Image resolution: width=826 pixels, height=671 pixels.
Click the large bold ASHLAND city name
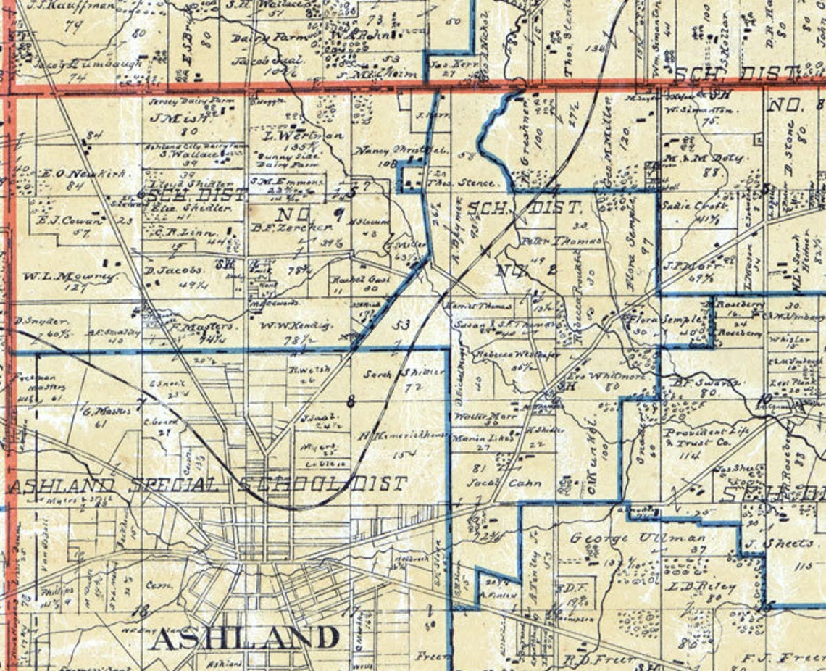tap(245, 638)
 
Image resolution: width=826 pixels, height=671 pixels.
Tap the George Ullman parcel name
tap(637, 538)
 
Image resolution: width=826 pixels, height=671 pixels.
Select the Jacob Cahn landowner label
tap(496, 483)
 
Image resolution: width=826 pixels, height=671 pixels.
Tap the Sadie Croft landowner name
tap(684, 206)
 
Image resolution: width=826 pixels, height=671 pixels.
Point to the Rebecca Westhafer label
tap(508, 355)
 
